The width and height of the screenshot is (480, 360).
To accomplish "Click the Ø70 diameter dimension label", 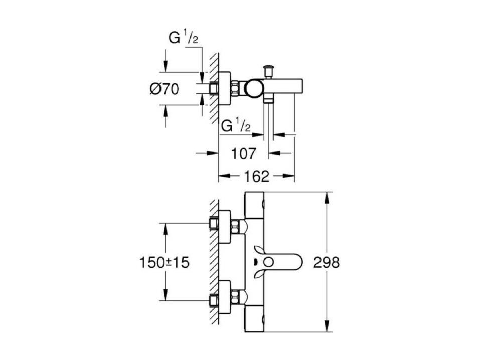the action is [165, 89].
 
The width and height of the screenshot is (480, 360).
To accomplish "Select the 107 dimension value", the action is [243, 153].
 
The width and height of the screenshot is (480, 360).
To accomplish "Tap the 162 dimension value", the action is [256, 176].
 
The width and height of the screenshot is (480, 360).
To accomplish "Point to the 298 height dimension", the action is [327, 262].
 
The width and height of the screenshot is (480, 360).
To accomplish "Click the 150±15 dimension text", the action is [165, 262].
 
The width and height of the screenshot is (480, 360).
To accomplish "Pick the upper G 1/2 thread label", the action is [184, 38].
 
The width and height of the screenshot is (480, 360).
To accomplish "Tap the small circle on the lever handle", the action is [268, 262].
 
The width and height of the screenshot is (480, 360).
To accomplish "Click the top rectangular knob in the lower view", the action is [254, 205].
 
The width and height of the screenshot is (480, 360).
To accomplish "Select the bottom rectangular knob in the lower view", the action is [254, 319].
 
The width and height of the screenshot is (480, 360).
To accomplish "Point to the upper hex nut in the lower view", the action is [235, 227].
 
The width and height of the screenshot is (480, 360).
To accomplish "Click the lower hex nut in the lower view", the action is [235, 297].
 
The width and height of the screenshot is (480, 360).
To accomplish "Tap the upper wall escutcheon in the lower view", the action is [224, 227].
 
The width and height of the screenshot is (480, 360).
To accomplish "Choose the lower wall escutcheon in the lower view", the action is [224, 297].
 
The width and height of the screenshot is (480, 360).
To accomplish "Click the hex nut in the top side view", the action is [235, 88].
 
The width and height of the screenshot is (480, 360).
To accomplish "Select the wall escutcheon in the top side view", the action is [224, 88].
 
